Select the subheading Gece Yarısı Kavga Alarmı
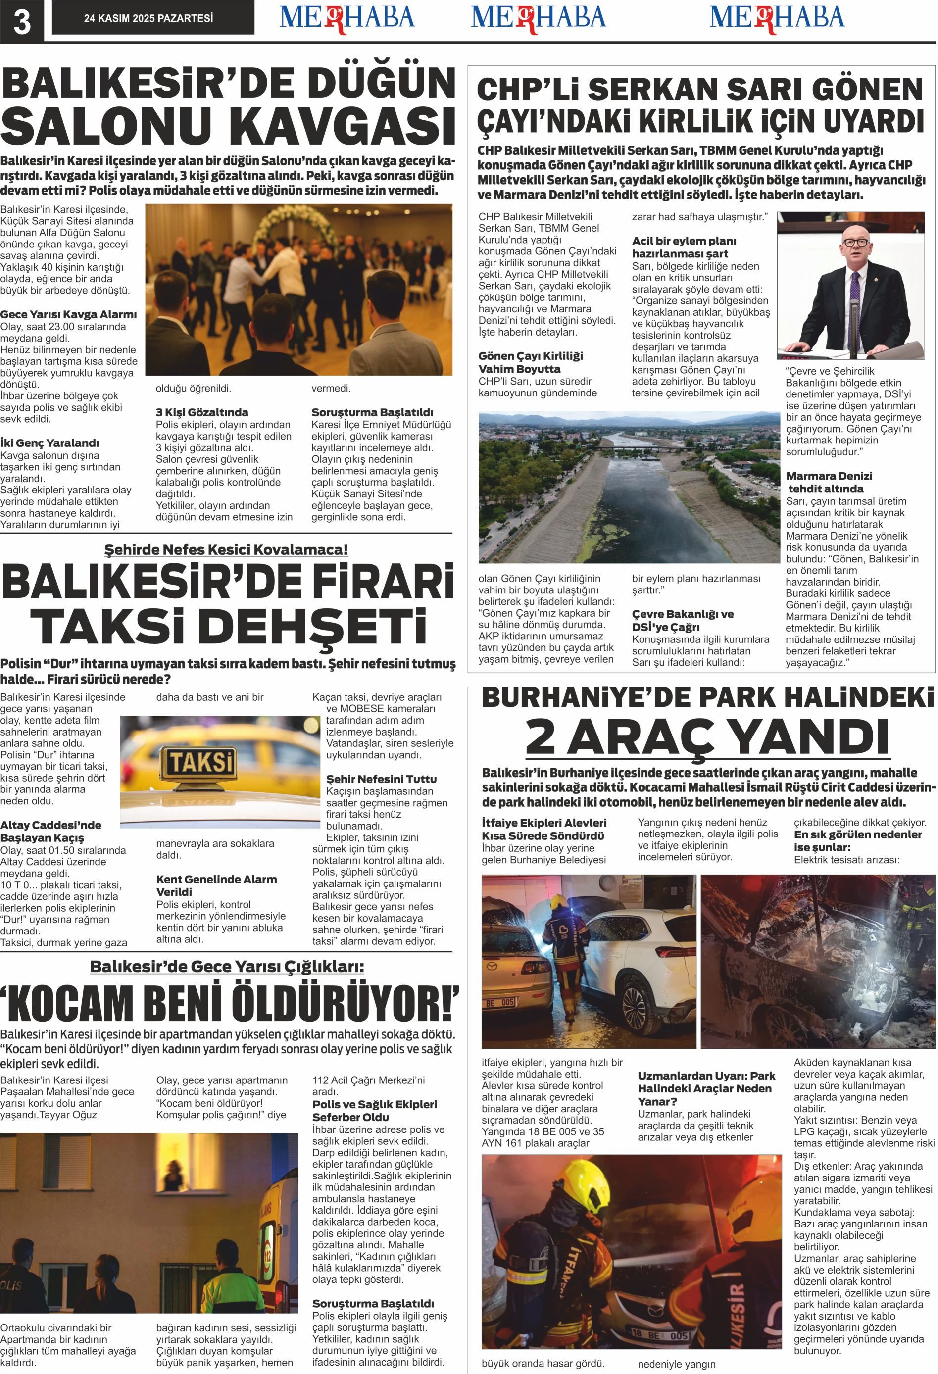point(68,314)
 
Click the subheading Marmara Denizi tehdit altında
point(829,482)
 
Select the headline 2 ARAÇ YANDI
point(707,736)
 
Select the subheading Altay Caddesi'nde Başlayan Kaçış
point(51,831)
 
